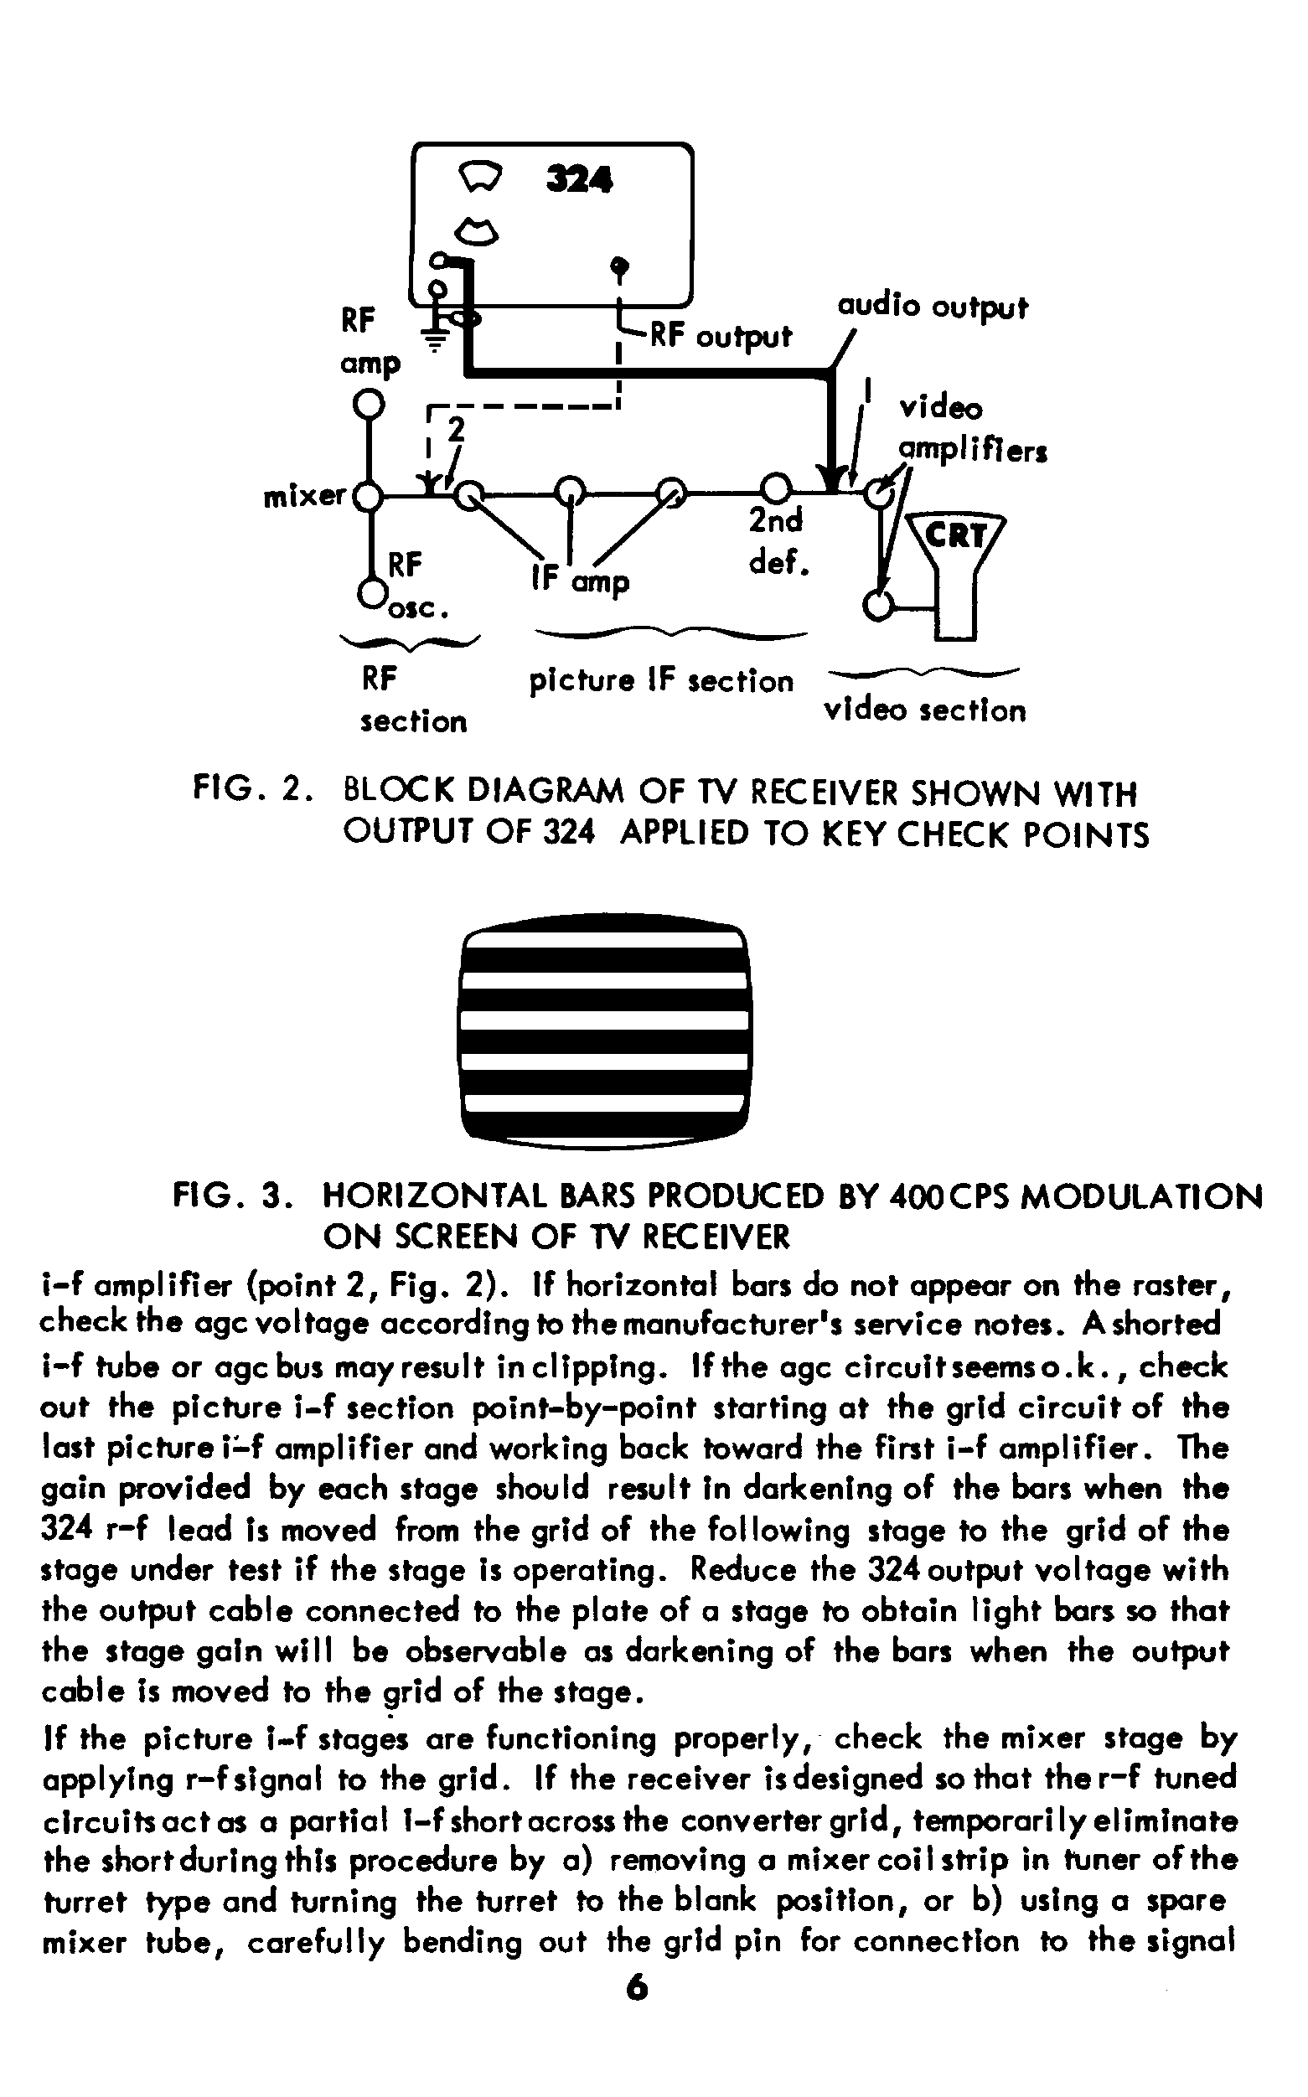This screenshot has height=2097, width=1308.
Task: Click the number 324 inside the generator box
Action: [x=580, y=180]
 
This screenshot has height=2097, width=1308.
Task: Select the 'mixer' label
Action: [x=304, y=495]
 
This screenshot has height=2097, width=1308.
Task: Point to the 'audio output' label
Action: [x=933, y=306]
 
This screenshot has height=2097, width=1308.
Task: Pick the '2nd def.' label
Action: [x=777, y=541]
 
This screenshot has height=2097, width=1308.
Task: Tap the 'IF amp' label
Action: [x=581, y=581]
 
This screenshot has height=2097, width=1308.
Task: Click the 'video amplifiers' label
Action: [x=971, y=430]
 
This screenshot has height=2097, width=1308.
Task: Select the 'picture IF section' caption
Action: [x=661, y=681]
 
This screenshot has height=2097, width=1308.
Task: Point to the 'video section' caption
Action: [x=925, y=710]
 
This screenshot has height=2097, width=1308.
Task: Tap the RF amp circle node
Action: [x=370, y=403]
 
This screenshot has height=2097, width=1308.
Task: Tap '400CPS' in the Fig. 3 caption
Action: [x=950, y=1197]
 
